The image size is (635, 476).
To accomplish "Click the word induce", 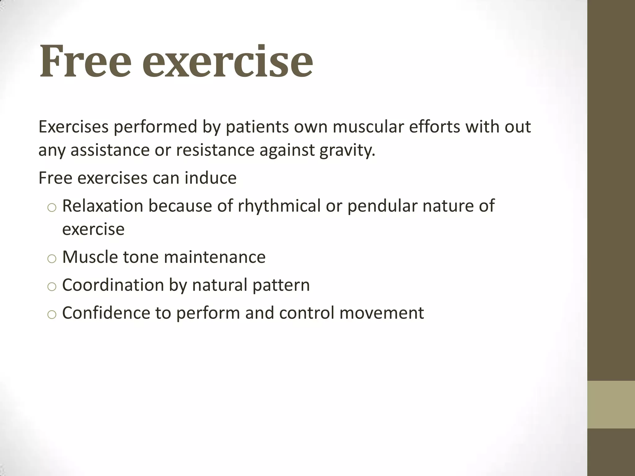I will pos(211,178).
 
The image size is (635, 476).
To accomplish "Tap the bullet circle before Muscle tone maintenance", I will pos(52,259).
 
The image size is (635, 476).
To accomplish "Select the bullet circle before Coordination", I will pos(52,287).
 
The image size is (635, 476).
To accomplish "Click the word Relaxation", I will pos(103,206).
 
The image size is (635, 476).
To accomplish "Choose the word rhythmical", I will pos(279,206).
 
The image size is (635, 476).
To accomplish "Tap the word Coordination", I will pos(113,285).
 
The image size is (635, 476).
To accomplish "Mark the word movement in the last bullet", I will pos(381,313).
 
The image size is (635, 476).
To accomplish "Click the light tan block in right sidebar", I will pos(611,404).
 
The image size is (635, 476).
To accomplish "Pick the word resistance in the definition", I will pos(215,150).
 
